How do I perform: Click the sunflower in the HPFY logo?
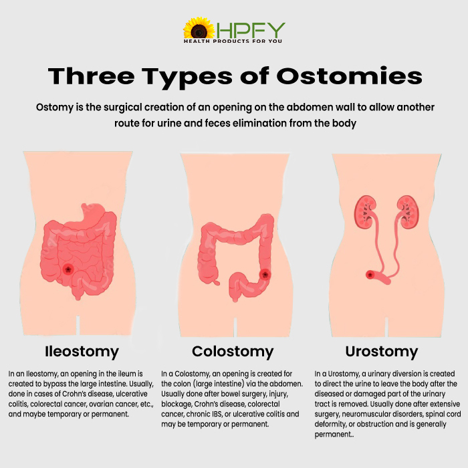tap(199, 28)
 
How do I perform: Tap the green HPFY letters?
tap(251, 30)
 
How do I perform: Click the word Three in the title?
tap(92, 76)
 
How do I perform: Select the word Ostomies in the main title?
tap(349, 76)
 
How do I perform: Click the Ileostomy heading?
tap(82, 352)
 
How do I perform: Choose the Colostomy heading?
tap(233, 352)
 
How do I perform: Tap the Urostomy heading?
tap(382, 352)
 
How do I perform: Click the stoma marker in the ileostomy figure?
tap(68, 269)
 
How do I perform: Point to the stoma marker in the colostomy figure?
tap(265, 274)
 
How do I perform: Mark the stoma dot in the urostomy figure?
tap(370, 274)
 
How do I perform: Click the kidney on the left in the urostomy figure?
tap(365, 212)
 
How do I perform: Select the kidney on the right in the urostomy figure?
tap(408, 212)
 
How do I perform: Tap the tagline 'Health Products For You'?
tap(233, 41)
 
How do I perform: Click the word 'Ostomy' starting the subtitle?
tap(55, 108)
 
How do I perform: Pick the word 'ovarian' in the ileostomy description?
tap(102, 404)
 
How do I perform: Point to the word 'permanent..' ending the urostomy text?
tap(334, 435)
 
